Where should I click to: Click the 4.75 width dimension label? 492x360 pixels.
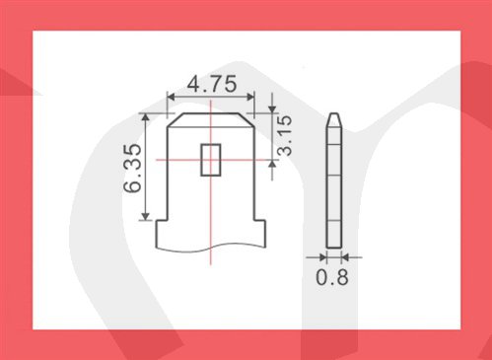212,84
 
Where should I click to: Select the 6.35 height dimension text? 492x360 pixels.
133,168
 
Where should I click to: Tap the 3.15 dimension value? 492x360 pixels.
284,135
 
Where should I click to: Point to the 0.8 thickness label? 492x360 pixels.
332,277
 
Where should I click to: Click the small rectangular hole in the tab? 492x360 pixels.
211,160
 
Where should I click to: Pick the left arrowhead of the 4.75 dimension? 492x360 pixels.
172,97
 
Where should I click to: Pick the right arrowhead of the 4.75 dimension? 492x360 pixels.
250,97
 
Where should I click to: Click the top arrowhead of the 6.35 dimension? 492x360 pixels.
146,117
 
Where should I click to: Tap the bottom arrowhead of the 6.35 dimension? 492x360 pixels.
146,216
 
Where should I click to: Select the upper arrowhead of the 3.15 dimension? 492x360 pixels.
272,108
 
